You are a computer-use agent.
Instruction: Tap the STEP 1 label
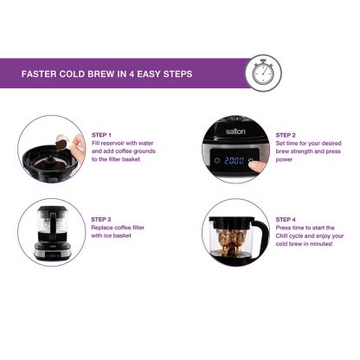[x=101, y=135]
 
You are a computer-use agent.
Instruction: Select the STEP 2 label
[x=286, y=135]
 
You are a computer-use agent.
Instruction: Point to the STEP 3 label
[x=101, y=220]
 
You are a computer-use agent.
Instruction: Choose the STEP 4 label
[x=286, y=220]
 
